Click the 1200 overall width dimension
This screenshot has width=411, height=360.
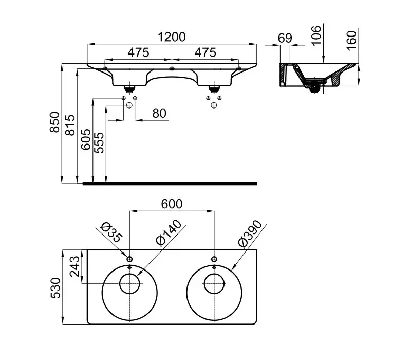[172, 37]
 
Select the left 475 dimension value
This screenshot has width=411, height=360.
[138, 52]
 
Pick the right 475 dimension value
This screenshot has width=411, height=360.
[205, 52]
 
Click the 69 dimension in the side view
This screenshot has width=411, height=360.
[285, 38]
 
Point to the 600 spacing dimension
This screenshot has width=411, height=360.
[172, 204]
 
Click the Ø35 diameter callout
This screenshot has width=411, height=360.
[111, 231]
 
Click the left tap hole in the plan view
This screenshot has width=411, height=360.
[129, 259]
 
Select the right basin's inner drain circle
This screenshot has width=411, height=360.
[213, 284]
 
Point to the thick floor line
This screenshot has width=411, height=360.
[170, 183]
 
